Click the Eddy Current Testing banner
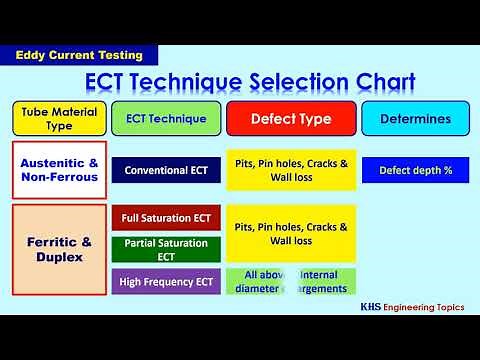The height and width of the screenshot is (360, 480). [x=79, y=56]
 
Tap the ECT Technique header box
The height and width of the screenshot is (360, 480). [x=166, y=119]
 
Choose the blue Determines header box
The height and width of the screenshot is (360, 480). [x=415, y=119]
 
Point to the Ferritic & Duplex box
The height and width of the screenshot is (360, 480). [x=58, y=247]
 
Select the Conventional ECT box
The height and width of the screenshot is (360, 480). [x=166, y=170]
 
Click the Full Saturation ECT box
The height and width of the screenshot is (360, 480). [x=166, y=218]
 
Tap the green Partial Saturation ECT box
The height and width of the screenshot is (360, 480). [x=166, y=249]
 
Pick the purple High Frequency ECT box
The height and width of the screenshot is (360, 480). [x=166, y=281]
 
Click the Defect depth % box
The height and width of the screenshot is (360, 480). [x=415, y=170]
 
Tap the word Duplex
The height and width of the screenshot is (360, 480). [x=58, y=257]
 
